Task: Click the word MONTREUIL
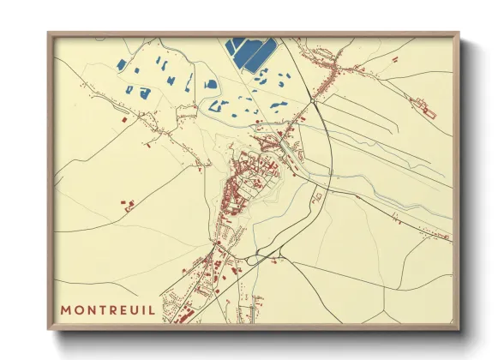point(108,309)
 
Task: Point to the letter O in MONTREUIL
point(79,309)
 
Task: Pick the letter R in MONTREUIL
point(110,309)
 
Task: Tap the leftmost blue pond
point(122,65)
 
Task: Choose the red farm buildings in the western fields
point(129,205)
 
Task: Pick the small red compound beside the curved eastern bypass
point(316,198)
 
